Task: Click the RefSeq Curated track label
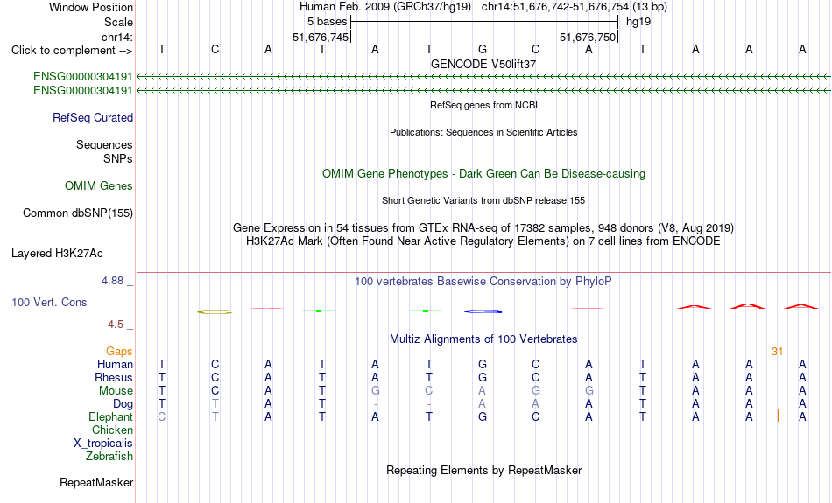pos(93,118)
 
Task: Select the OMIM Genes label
pos(99,186)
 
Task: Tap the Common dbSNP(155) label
pos(78,213)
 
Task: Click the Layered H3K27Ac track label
pos(57,254)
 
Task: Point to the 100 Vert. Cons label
pos(49,302)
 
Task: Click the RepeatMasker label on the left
pos(96,482)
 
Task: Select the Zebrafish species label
pos(109,457)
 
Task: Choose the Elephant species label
pos(110,417)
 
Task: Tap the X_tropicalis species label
pos(103,444)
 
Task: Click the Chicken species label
pos(112,430)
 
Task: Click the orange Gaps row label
pos(119,352)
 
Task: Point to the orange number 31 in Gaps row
pos(778,352)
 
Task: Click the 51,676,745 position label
pos(321,37)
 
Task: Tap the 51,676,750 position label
pos(588,37)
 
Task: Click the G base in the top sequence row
pos(483,49)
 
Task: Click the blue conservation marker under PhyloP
pos(483,311)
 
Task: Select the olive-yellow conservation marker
pos(215,311)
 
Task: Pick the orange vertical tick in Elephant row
pos(778,416)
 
